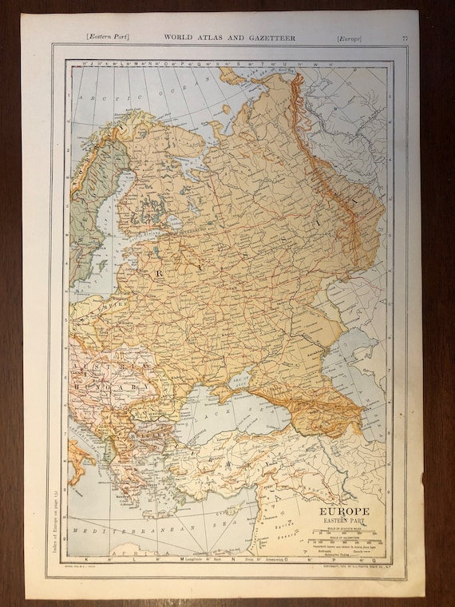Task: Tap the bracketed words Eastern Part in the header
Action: [x=109, y=37]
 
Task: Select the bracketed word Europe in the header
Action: [x=349, y=37]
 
